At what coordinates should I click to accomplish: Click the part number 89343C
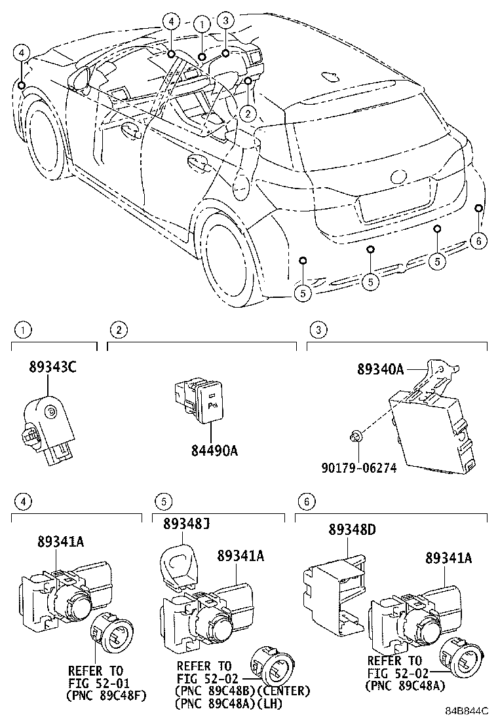pos(52,367)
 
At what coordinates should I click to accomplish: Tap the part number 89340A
pos(380,369)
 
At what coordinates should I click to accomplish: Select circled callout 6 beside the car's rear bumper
pos(479,241)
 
